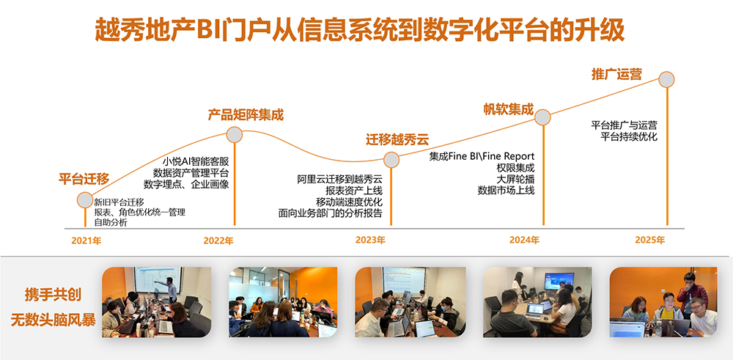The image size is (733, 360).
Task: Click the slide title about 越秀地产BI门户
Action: pyautogui.click(x=359, y=32)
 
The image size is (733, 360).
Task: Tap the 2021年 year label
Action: pyautogui.click(x=86, y=240)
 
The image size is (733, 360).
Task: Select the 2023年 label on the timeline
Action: pyautogui.click(x=370, y=240)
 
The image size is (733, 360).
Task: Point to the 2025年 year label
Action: pyautogui.click(x=649, y=240)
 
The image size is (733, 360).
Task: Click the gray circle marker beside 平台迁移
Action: pyautogui.click(x=85, y=200)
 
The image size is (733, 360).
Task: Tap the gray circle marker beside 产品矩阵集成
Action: pyautogui.click(x=235, y=135)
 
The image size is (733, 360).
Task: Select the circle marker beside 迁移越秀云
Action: pyautogui.click(x=391, y=160)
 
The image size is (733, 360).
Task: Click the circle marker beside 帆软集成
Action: pyautogui.click(x=542, y=117)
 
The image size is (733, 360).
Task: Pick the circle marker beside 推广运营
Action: pyautogui.click(x=666, y=79)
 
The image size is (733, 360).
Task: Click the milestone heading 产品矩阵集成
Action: pyautogui.click(x=246, y=114)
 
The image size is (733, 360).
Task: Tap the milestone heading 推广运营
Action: pyautogui.click(x=616, y=75)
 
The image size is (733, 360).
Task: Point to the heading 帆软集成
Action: pyautogui.click(x=508, y=109)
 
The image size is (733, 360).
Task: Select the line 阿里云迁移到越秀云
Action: pyautogui.click(x=340, y=180)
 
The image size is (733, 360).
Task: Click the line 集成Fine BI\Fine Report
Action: pyautogui.click(x=482, y=156)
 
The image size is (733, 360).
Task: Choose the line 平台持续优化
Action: pyautogui.click(x=629, y=136)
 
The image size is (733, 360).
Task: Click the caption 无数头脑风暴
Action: pyautogui.click(x=54, y=320)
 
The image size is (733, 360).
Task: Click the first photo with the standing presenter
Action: pyautogui.click(x=157, y=302)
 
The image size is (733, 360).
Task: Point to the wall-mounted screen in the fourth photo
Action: pyautogui.click(x=559, y=281)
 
